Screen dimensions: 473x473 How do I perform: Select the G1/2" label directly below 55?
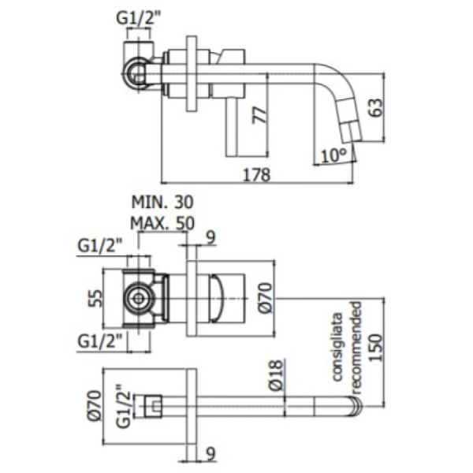[x=101, y=341]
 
